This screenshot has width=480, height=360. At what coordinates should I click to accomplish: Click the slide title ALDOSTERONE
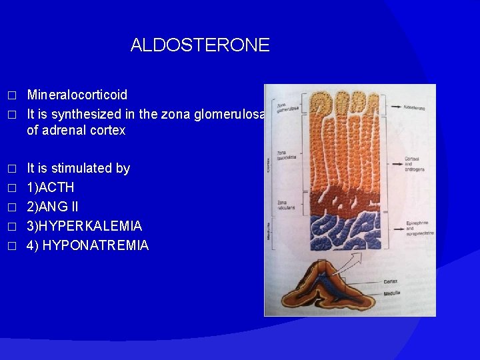click(200, 45)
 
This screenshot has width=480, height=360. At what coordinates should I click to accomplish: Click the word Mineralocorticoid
click(77, 95)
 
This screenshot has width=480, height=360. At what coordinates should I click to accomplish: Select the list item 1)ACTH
click(50, 187)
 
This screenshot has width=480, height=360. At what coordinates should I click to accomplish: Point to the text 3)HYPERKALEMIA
click(84, 226)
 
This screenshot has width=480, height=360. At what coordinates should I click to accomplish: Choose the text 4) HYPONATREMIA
click(87, 245)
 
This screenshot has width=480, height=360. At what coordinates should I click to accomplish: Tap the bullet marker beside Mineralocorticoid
click(10, 96)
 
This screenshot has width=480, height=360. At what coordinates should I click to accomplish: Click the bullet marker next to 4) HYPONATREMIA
click(10, 246)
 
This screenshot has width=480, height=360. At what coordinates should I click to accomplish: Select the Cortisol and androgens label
click(414, 163)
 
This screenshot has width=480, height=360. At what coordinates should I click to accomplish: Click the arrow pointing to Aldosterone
click(393, 107)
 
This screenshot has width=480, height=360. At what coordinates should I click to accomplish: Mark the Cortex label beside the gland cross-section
click(391, 281)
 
